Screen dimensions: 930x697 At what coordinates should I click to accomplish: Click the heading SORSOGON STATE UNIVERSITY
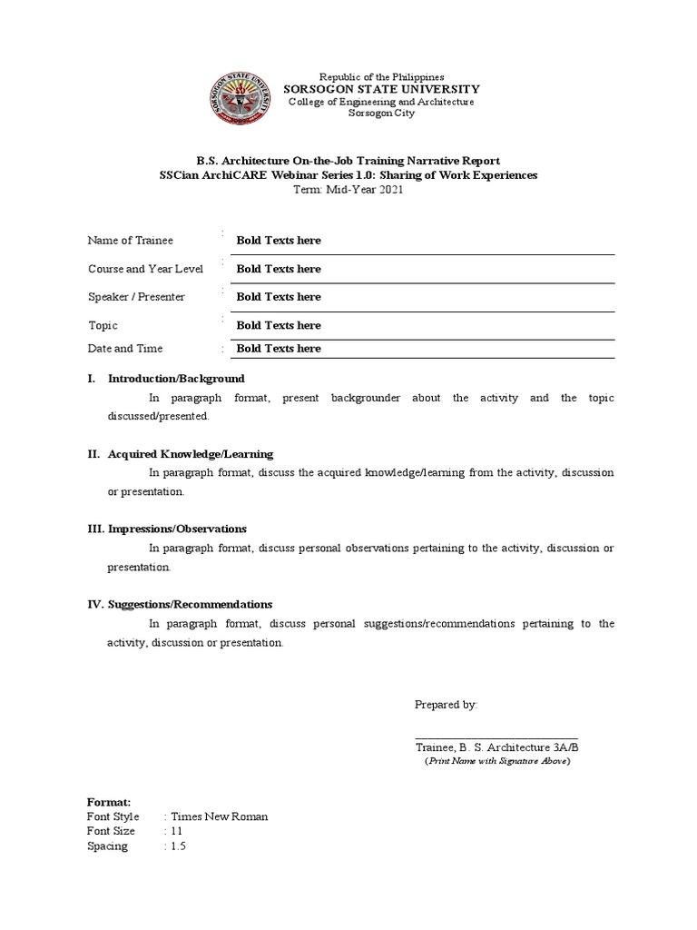(x=382, y=89)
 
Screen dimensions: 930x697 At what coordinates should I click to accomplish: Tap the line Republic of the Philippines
(x=381, y=77)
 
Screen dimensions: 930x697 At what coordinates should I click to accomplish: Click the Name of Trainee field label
(x=130, y=241)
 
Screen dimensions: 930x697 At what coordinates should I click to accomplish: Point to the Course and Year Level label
(x=145, y=269)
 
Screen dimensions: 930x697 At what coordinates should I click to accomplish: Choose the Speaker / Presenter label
(x=136, y=297)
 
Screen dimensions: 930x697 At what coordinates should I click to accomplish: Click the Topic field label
(x=103, y=325)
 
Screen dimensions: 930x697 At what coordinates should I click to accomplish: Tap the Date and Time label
(x=125, y=349)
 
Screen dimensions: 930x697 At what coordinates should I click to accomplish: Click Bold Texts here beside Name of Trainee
(x=279, y=241)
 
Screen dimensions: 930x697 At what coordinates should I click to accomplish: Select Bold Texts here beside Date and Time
(x=279, y=349)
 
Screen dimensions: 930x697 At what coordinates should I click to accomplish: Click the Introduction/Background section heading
(x=176, y=379)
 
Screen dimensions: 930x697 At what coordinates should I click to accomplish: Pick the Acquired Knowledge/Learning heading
(x=190, y=454)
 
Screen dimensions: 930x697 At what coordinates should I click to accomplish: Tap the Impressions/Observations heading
(x=177, y=529)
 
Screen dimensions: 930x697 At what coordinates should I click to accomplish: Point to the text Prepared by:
(x=446, y=705)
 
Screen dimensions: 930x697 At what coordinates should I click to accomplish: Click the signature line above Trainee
(x=496, y=738)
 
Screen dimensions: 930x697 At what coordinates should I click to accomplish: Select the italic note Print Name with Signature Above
(x=497, y=761)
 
